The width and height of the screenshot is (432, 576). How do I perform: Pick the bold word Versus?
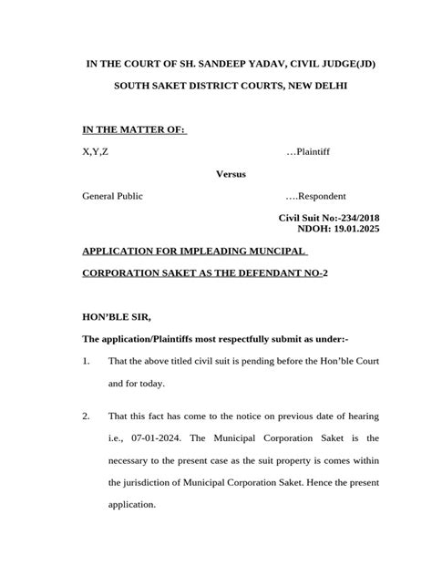coord(230,173)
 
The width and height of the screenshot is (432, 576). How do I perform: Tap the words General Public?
coord(112,196)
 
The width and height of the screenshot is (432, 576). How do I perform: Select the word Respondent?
coord(319,196)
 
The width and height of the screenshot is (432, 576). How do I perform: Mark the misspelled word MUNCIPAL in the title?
coord(276,251)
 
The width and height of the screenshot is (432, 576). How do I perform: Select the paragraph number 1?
coord(86,362)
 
